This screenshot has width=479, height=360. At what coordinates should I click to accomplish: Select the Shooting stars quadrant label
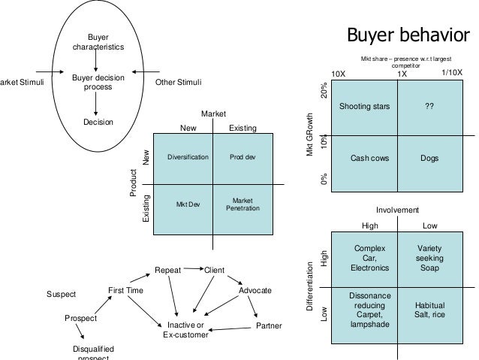pos(365,107)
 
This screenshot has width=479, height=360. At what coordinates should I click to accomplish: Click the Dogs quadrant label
pos(429,159)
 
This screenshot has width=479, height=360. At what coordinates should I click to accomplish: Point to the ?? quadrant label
pos(429,107)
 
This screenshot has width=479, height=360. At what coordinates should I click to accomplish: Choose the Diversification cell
pos(188,159)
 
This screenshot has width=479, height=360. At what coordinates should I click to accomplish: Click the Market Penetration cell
pos(243,204)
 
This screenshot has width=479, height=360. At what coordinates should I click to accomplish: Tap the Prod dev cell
pos(243,159)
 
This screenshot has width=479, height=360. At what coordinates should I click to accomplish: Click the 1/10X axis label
pos(452,72)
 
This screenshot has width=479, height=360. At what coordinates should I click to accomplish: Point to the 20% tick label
pos(324,90)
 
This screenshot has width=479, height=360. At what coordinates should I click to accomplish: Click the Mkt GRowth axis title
pos(309,136)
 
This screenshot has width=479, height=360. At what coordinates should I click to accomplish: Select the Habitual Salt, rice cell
pos(429,310)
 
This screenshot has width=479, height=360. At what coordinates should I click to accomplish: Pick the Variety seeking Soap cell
pos(429,257)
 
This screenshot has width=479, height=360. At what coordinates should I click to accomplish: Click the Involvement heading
pos(397,210)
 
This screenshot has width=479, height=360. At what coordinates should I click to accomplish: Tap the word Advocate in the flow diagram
pos(255,290)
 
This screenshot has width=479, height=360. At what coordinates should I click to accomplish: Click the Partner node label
pos(269,326)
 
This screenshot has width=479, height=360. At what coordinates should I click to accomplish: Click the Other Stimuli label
pos(178,82)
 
